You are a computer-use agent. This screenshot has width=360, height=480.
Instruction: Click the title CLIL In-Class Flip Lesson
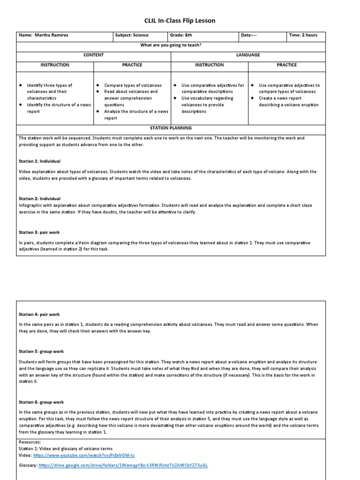click(180, 21)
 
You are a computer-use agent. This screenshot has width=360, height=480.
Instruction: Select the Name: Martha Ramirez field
click(43, 35)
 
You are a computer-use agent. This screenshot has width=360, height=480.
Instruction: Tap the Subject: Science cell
click(132, 35)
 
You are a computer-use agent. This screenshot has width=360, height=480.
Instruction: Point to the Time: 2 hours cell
click(303, 35)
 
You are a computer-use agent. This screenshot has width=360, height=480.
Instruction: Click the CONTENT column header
click(93, 55)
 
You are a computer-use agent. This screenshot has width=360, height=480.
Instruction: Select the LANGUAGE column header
click(248, 55)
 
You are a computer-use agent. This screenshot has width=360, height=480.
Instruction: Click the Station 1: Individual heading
click(40, 161)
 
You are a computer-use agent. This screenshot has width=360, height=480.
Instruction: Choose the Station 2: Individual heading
click(40, 199)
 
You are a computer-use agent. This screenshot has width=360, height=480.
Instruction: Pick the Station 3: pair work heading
click(39, 232)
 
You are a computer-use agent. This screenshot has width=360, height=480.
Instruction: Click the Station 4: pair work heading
click(39, 315)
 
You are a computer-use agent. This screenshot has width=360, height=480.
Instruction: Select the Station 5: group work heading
click(41, 352)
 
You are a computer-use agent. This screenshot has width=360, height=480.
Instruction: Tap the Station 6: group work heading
click(41, 402)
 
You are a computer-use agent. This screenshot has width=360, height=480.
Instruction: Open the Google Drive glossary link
click(123, 465)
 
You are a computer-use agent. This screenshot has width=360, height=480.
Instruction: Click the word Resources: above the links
click(30, 442)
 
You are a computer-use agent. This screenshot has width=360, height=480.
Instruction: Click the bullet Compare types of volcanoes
click(133, 85)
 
